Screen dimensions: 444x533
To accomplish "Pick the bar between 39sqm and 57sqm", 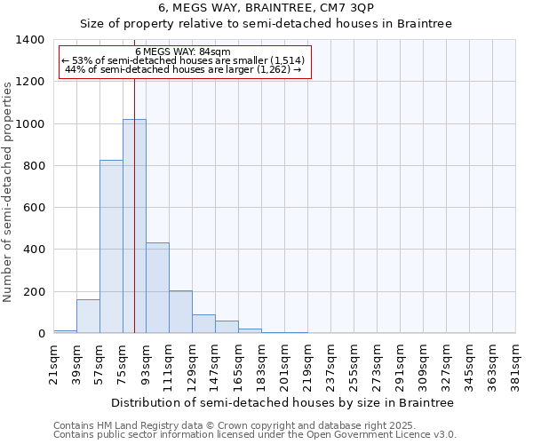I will [x=88, y=316].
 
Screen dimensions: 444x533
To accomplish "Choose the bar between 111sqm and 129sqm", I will [x=180, y=312].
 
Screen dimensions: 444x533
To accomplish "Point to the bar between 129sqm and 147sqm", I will [x=203, y=324].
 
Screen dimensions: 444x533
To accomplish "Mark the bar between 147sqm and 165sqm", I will [x=227, y=327].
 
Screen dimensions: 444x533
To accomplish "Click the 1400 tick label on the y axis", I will [x=30, y=40].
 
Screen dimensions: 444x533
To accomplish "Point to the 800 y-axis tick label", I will [x=34, y=166].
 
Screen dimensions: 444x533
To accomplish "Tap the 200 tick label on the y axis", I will [x=34, y=292].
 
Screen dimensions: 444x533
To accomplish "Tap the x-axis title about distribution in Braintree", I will [x=283, y=402].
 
